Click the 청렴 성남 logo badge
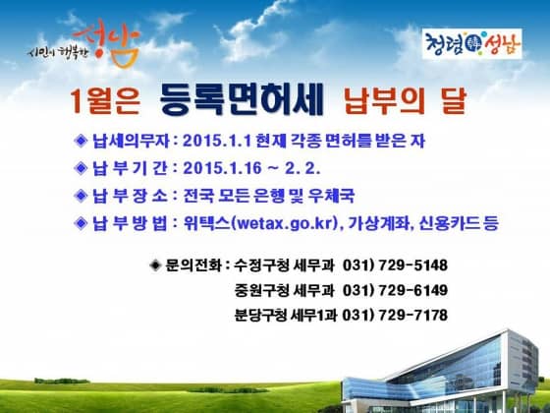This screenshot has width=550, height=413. (x=471, y=43)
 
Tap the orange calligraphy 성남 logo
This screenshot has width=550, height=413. (x=107, y=43)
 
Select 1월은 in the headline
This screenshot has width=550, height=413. (x=105, y=101)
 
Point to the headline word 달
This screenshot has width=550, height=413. (x=454, y=101)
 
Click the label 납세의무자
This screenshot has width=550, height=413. (x=131, y=142)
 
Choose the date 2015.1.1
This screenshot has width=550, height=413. (x=217, y=142)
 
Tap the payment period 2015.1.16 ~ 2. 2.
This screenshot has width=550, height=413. (x=251, y=168)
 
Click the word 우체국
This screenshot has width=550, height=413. (x=331, y=196)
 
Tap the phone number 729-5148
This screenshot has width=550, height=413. (x=413, y=265)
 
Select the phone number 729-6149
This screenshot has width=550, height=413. (x=413, y=290)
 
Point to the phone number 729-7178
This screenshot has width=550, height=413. (x=413, y=315)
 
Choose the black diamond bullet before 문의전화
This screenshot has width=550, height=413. (x=155, y=265)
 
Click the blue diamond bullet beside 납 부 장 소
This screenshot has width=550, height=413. (x=81, y=196)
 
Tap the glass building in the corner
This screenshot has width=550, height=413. (x=440, y=373)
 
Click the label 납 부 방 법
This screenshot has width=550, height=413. (x=130, y=223)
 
